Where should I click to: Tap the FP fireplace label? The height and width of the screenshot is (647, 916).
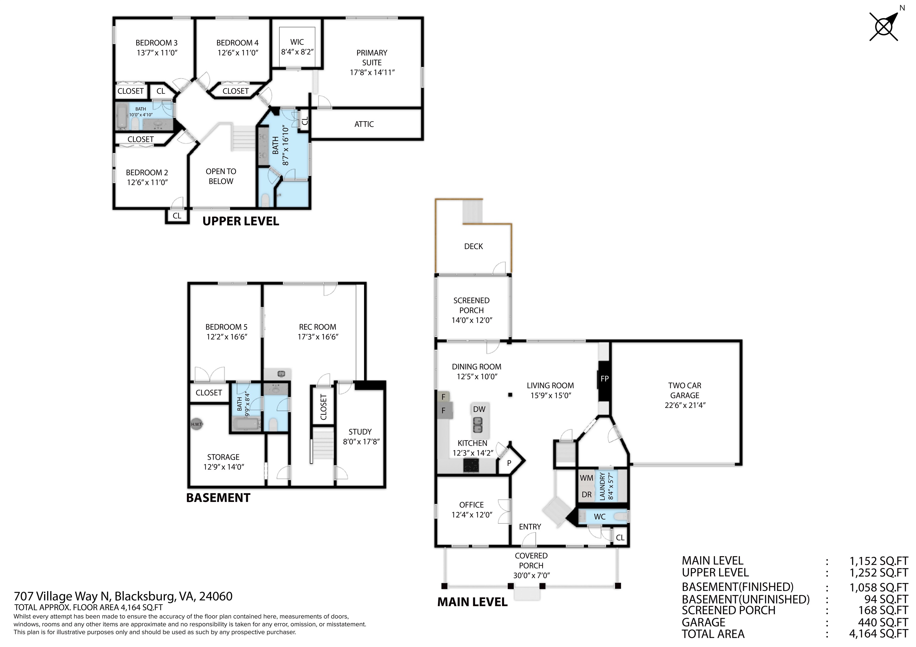click(x=604, y=379)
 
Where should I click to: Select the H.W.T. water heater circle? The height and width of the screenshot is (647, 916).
click(x=197, y=424)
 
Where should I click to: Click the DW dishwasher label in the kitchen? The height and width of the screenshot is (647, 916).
click(x=479, y=409)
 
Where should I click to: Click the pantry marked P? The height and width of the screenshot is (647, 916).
click(x=509, y=463)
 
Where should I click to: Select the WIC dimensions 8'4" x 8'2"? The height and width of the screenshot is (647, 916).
click(x=297, y=52)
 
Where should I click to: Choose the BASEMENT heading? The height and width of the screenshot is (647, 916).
click(x=218, y=498)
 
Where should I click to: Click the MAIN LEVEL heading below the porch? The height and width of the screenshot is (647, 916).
click(x=472, y=602)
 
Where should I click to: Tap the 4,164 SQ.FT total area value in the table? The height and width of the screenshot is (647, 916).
click(x=878, y=634)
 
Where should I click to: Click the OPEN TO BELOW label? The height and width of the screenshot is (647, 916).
click(x=221, y=176)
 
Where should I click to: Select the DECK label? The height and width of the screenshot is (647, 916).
click(x=474, y=246)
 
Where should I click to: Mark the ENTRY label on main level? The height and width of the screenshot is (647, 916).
click(x=530, y=527)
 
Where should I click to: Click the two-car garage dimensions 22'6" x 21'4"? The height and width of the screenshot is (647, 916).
click(x=685, y=405)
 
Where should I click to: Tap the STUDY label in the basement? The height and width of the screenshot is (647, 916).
click(x=360, y=432)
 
